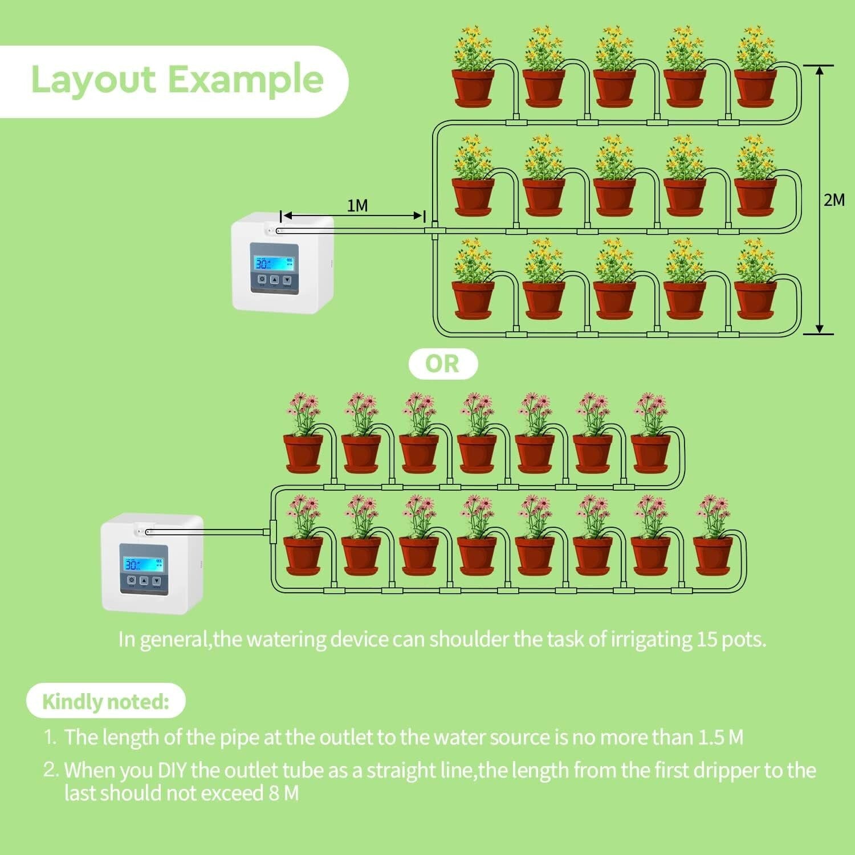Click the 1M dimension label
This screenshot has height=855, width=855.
357,205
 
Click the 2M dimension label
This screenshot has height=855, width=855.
834,200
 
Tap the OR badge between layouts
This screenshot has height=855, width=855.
442,364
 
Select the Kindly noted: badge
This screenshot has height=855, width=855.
106,701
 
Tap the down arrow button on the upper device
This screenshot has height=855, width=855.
288,280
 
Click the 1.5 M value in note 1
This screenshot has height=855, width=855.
720,738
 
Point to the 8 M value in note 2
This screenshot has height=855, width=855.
283,793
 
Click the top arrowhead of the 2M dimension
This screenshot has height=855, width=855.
820,71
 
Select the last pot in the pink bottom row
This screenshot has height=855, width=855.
712,556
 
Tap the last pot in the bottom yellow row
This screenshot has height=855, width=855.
755,299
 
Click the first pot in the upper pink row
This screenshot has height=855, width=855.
303,453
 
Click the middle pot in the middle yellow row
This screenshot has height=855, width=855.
614,197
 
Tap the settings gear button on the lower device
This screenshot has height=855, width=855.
131,581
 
